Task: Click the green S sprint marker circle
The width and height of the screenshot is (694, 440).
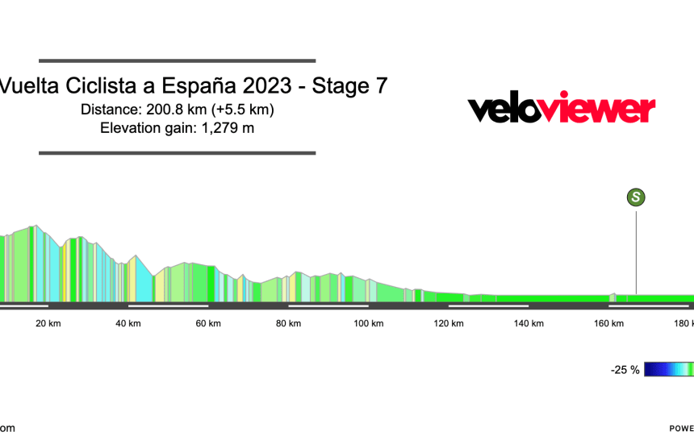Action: [x=637, y=197]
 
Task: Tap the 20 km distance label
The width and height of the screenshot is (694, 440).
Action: [x=48, y=324]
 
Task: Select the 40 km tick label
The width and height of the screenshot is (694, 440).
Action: [x=128, y=324]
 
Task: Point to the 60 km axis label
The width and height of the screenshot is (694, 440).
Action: [x=208, y=324]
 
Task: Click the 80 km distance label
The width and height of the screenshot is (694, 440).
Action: [x=288, y=324]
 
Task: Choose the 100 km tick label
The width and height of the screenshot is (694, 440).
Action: [x=368, y=324]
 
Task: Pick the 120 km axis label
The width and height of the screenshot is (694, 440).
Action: [x=448, y=324]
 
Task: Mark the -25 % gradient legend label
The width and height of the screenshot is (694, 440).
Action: [x=625, y=370]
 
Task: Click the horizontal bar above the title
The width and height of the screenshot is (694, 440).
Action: [x=177, y=60]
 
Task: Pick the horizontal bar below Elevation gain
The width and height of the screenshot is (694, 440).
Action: [x=177, y=153]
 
